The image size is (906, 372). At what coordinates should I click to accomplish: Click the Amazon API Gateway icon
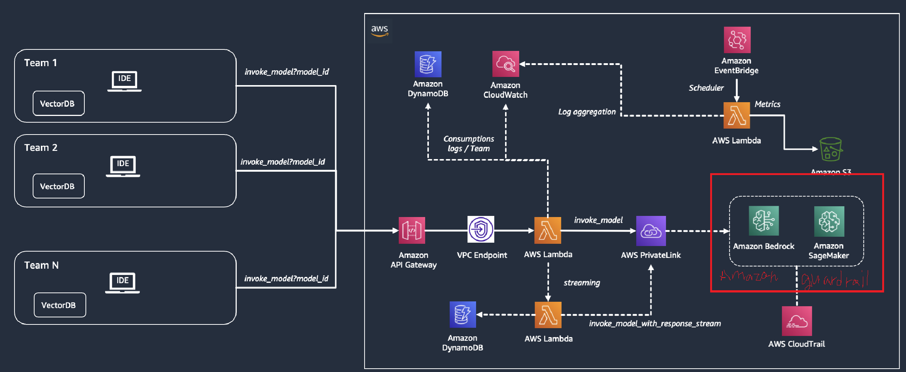click(412, 230)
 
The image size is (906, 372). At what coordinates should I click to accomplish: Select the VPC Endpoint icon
click(481, 229)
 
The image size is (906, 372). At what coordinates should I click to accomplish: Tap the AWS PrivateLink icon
click(651, 231)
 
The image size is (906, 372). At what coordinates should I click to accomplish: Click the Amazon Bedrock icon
click(764, 221)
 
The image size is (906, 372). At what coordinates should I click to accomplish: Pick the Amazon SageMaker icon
click(829, 221)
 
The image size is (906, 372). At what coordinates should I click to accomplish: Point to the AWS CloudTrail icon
click(797, 321)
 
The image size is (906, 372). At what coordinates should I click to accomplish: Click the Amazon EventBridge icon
click(737, 40)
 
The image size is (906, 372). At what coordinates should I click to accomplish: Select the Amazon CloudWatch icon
click(505, 64)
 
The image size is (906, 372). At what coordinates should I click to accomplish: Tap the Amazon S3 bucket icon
click(831, 149)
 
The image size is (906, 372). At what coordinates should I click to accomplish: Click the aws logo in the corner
click(379, 30)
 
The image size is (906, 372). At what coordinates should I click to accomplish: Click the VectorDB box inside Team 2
click(58, 186)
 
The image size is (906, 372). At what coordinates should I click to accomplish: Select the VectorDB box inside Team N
click(60, 305)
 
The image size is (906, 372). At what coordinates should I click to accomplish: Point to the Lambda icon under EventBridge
click(737, 116)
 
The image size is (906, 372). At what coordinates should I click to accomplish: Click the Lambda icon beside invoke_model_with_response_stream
click(548, 315)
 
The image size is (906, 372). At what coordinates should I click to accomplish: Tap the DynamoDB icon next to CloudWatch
click(428, 64)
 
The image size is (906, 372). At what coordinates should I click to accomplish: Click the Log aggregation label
click(587, 112)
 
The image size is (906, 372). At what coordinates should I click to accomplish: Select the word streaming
click(582, 283)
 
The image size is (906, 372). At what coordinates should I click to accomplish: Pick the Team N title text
click(41, 265)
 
